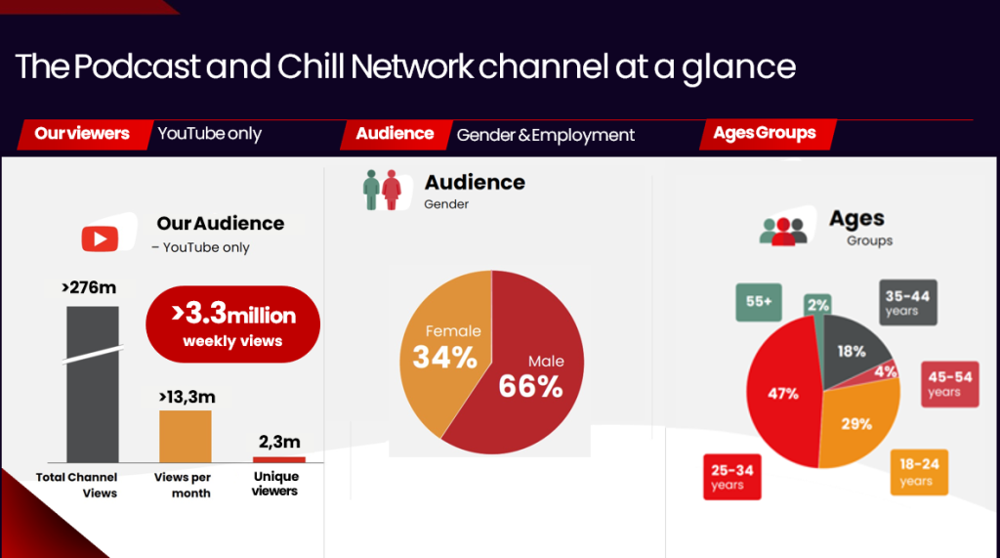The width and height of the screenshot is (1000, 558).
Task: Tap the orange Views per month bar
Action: pos(185,436)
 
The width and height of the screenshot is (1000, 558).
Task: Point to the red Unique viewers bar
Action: pos(278,459)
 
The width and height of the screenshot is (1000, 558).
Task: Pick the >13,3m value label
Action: pos(187,396)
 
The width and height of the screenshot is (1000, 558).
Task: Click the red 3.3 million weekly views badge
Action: pos(233,324)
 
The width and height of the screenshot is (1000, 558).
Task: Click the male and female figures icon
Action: pos(382,190)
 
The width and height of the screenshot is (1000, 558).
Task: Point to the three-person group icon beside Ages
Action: pos(783,231)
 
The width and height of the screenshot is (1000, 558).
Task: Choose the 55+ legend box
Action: pos(759,303)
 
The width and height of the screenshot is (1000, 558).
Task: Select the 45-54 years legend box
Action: pos(949,383)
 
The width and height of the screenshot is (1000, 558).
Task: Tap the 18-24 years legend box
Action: pos(918,472)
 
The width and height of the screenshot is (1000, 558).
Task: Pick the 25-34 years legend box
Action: pos(732,477)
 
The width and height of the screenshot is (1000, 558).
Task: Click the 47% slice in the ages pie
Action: pos(781,396)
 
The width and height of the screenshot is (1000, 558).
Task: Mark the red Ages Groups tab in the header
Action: pos(765,134)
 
